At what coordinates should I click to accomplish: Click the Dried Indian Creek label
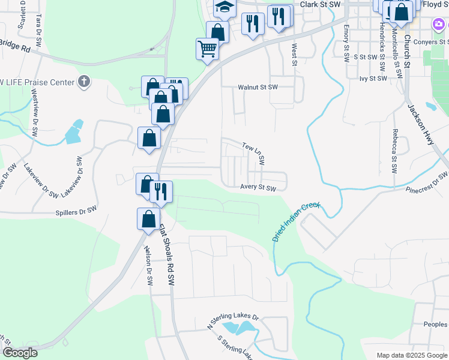coord(297,221)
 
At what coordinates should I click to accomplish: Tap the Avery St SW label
coord(258,188)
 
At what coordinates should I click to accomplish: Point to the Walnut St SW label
coord(258,87)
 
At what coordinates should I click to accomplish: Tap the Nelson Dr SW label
coord(148,265)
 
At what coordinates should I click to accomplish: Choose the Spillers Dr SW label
coord(76,210)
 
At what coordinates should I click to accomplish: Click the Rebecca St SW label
coord(395,151)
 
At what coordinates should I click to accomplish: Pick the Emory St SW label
coord(346,44)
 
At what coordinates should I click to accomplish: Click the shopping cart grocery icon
coord(207,48)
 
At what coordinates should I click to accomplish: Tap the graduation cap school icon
coord(225,7)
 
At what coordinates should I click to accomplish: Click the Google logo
coord(20,353)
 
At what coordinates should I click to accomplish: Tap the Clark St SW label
coord(320,4)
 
